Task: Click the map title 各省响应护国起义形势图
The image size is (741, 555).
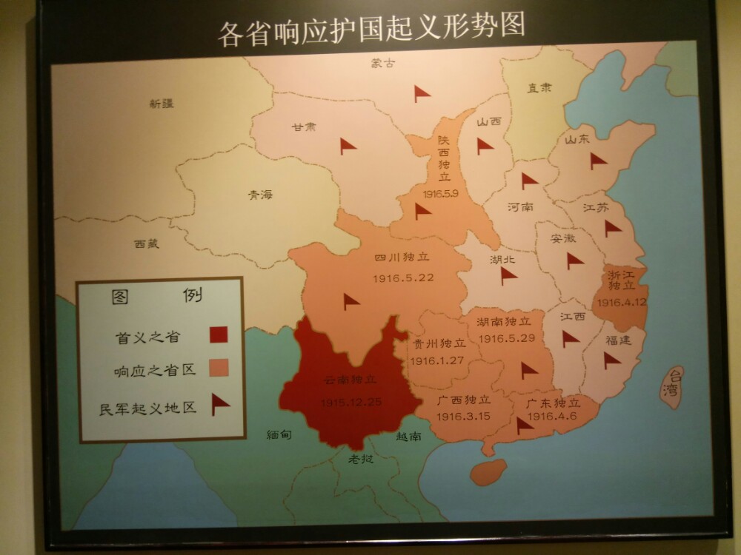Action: (x=371, y=30)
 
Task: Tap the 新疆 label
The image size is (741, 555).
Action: (x=161, y=104)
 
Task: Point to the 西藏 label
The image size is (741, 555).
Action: (x=147, y=243)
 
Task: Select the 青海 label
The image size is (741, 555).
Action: (x=260, y=195)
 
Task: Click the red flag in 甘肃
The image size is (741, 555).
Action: (x=348, y=147)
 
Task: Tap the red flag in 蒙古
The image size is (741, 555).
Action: (x=422, y=93)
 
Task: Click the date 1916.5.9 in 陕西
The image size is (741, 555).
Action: (x=441, y=193)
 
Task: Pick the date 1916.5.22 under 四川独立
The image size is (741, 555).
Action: (x=402, y=277)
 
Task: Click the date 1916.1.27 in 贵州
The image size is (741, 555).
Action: (x=436, y=360)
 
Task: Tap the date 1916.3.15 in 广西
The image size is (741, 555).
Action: (x=463, y=417)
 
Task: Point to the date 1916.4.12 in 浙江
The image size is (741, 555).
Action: (x=622, y=302)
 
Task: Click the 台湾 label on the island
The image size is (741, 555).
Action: (x=673, y=383)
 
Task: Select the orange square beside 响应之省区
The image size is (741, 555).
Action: (x=218, y=368)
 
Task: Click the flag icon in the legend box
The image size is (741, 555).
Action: (x=219, y=404)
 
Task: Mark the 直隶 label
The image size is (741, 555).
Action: (x=539, y=88)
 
